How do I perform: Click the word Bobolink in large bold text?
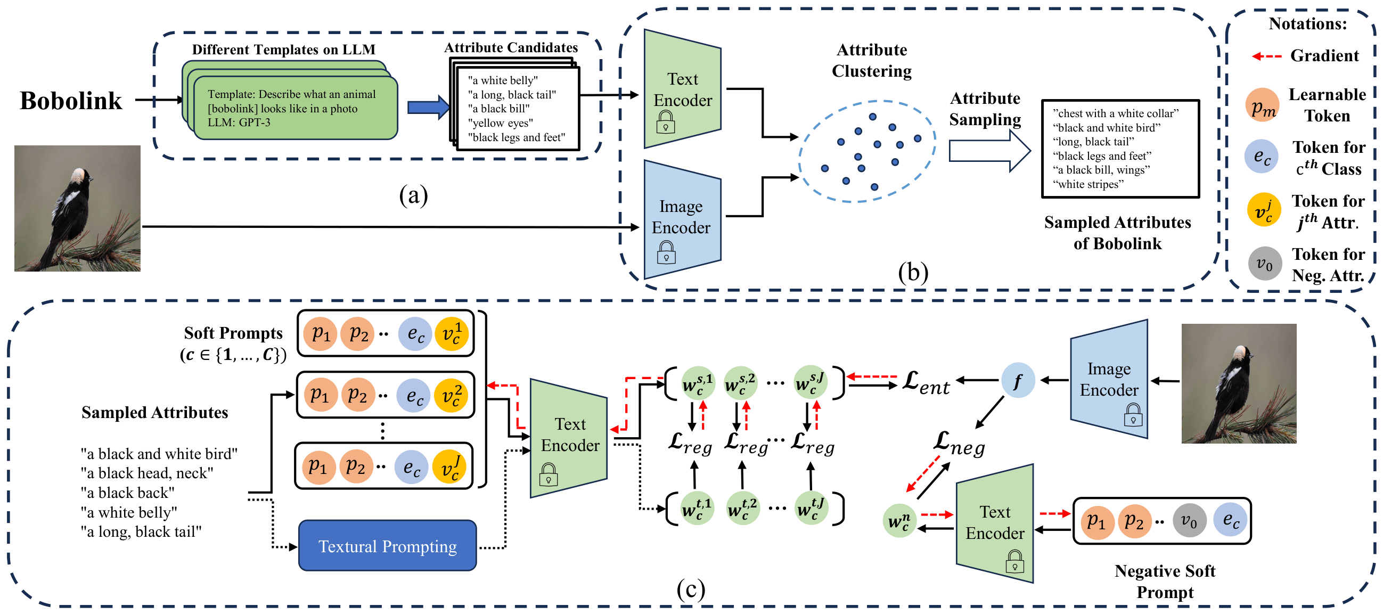(x=71, y=100)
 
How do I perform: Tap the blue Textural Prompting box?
(x=387, y=546)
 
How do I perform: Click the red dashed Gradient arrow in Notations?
(x=1266, y=56)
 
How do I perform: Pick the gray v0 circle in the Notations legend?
(x=1264, y=264)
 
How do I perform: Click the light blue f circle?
(x=1017, y=381)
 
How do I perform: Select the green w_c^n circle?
(x=899, y=521)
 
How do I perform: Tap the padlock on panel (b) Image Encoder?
(x=666, y=252)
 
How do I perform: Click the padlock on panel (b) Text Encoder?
(x=665, y=122)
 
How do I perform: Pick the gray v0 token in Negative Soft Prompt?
(x=1189, y=520)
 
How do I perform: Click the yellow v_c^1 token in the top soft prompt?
(x=451, y=333)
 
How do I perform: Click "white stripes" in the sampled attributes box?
(x=1089, y=184)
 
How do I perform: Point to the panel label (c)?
(x=690, y=590)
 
